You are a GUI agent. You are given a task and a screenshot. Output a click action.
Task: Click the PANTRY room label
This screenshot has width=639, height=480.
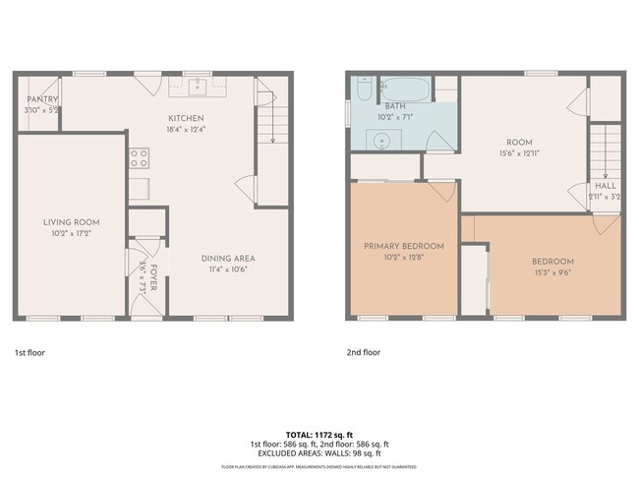42,99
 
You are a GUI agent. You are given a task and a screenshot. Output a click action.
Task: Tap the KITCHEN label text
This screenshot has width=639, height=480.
185,118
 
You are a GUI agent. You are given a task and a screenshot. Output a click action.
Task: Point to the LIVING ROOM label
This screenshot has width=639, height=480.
71,222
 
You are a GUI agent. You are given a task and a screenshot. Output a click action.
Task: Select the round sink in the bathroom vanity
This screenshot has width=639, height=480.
382,140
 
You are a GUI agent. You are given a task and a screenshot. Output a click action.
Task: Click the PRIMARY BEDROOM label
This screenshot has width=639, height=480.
404,246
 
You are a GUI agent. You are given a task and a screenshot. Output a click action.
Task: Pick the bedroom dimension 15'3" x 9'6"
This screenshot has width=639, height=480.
552,273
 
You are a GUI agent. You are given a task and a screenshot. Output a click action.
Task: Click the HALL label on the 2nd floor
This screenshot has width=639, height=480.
605,184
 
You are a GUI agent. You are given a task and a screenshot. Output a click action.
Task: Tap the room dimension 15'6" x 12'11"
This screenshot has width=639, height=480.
518,153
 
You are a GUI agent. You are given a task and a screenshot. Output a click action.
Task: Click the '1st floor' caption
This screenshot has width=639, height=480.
29,351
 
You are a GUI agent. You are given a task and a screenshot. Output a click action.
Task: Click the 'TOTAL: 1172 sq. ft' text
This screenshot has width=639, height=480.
319,434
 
